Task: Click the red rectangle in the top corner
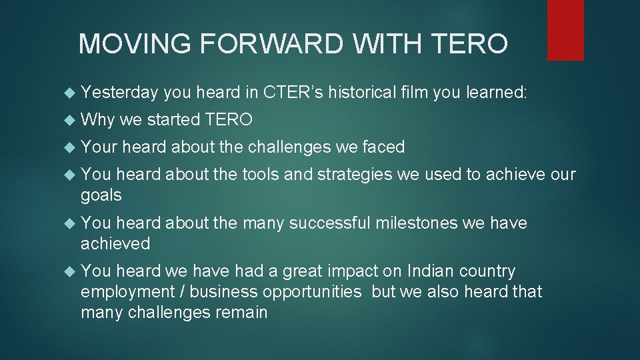tap(565, 30)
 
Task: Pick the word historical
tap(363, 93)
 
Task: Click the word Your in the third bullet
tap(99, 147)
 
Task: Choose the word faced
tap(383, 147)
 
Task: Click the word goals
tap(101, 195)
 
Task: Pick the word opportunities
tap(313, 291)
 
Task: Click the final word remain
tap(242, 312)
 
